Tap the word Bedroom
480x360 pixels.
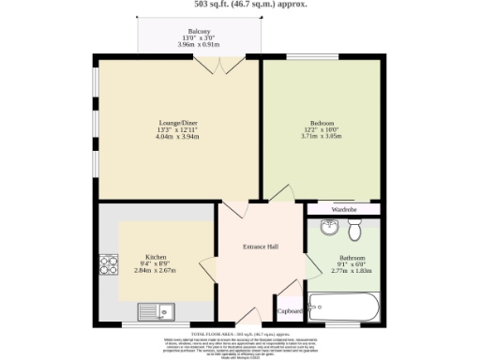(322, 121)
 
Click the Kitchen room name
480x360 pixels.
(155, 256)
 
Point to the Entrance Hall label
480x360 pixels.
(261, 247)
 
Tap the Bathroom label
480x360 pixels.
(352, 256)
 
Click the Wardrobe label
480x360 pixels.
(344, 209)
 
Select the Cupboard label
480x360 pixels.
(290, 310)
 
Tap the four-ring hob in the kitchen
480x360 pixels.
(108, 263)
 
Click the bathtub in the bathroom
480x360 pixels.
(344, 307)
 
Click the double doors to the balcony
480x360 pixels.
(217, 66)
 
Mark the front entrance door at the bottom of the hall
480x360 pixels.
(246, 314)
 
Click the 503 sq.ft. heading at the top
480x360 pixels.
(240, 4)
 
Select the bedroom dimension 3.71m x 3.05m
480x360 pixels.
(322, 136)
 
